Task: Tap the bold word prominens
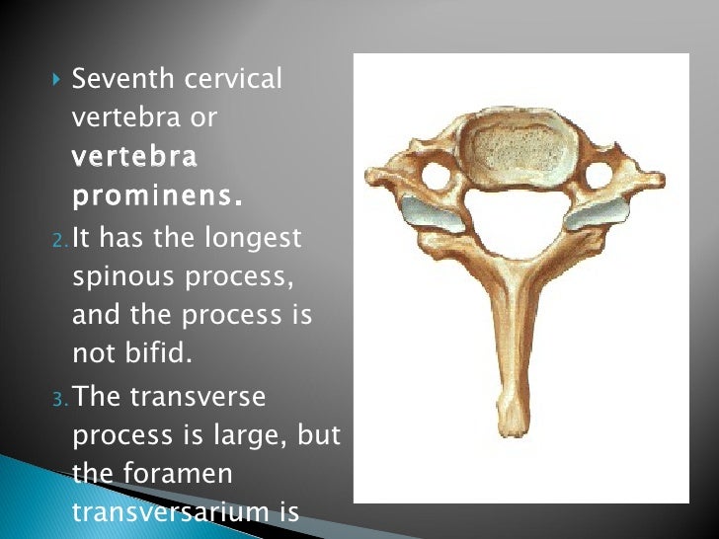[x=157, y=195]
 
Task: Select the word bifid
[x=159, y=353]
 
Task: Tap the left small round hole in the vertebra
[x=435, y=176]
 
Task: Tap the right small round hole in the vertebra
[x=599, y=175]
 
